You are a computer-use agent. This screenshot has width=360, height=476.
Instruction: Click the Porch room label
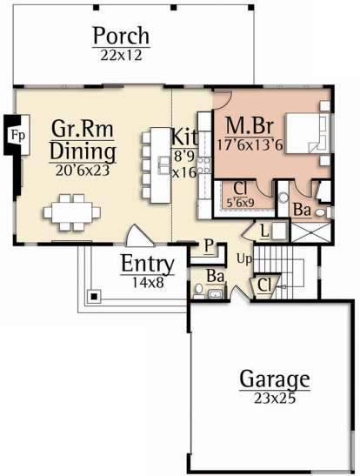[x=121, y=36]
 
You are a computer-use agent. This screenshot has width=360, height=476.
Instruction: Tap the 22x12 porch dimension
[x=121, y=55]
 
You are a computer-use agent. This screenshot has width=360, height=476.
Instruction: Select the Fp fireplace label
[x=17, y=136]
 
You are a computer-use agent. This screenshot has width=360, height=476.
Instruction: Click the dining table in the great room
[x=72, y=212]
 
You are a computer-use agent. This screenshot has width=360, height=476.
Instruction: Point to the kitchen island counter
[x=161, y=165]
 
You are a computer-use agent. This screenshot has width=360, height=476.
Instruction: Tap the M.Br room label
[x=250, y=125]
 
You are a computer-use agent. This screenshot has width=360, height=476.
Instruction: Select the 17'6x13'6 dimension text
[x=250, y=144]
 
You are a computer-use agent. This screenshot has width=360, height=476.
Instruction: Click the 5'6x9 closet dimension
[x=241, y=203]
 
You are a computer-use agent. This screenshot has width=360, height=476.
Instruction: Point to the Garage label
[x=275, y=379]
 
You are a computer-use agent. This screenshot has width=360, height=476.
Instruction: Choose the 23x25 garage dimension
[x=275, y=399]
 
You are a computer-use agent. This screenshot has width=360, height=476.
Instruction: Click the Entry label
[x=148, y=265]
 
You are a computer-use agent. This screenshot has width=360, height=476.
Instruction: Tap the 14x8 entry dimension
[x=148, y=283]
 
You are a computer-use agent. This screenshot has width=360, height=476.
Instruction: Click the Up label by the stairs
[x=244, y=260]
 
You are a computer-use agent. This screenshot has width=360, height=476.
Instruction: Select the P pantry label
[x=209, y=245]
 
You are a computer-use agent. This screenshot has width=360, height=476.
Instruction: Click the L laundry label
[x=264, y=232]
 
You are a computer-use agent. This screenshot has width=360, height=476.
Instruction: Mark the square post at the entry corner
[x=95, y=296]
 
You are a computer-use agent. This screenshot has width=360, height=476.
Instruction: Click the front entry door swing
[x=137, y=236]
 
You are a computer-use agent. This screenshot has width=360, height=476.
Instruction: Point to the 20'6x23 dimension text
[x=83, y=171]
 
